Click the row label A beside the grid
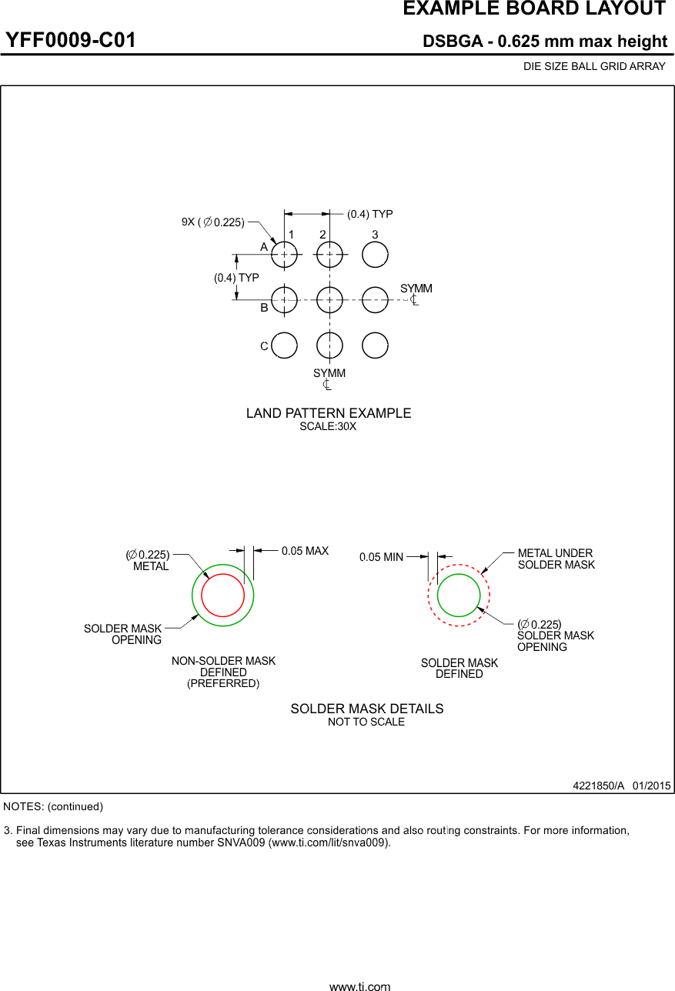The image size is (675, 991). point(264,247)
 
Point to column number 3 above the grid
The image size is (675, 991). point(375,235)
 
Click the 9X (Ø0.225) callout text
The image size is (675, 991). point(213,222)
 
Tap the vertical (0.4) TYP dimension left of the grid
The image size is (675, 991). point(236,278)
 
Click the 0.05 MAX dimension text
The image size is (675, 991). point(305,551)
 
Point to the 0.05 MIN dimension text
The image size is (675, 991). point(381,557)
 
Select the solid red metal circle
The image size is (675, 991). point(202,595)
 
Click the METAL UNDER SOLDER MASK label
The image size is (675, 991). point(556,559)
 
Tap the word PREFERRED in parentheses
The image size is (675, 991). point(223,683)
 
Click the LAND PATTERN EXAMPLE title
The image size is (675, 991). point(329,413)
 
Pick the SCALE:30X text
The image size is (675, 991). point(328,426)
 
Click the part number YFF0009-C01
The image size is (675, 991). point(70,40)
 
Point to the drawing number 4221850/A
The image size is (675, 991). point(599,786)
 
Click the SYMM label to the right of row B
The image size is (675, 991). point(416,289)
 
